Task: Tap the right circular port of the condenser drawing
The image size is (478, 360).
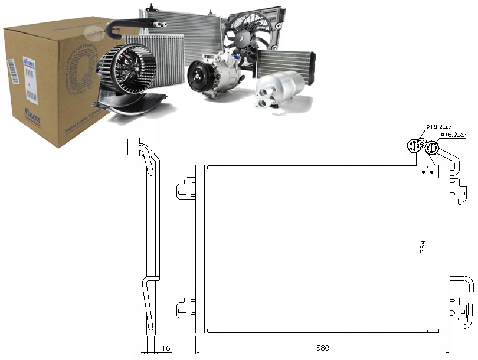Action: (433, 147)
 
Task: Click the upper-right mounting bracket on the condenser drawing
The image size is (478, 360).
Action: (458, 188)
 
